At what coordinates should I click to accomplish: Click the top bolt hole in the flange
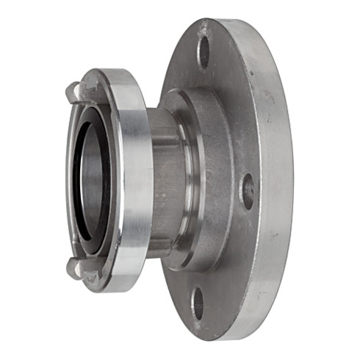click(x=204, y=51)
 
